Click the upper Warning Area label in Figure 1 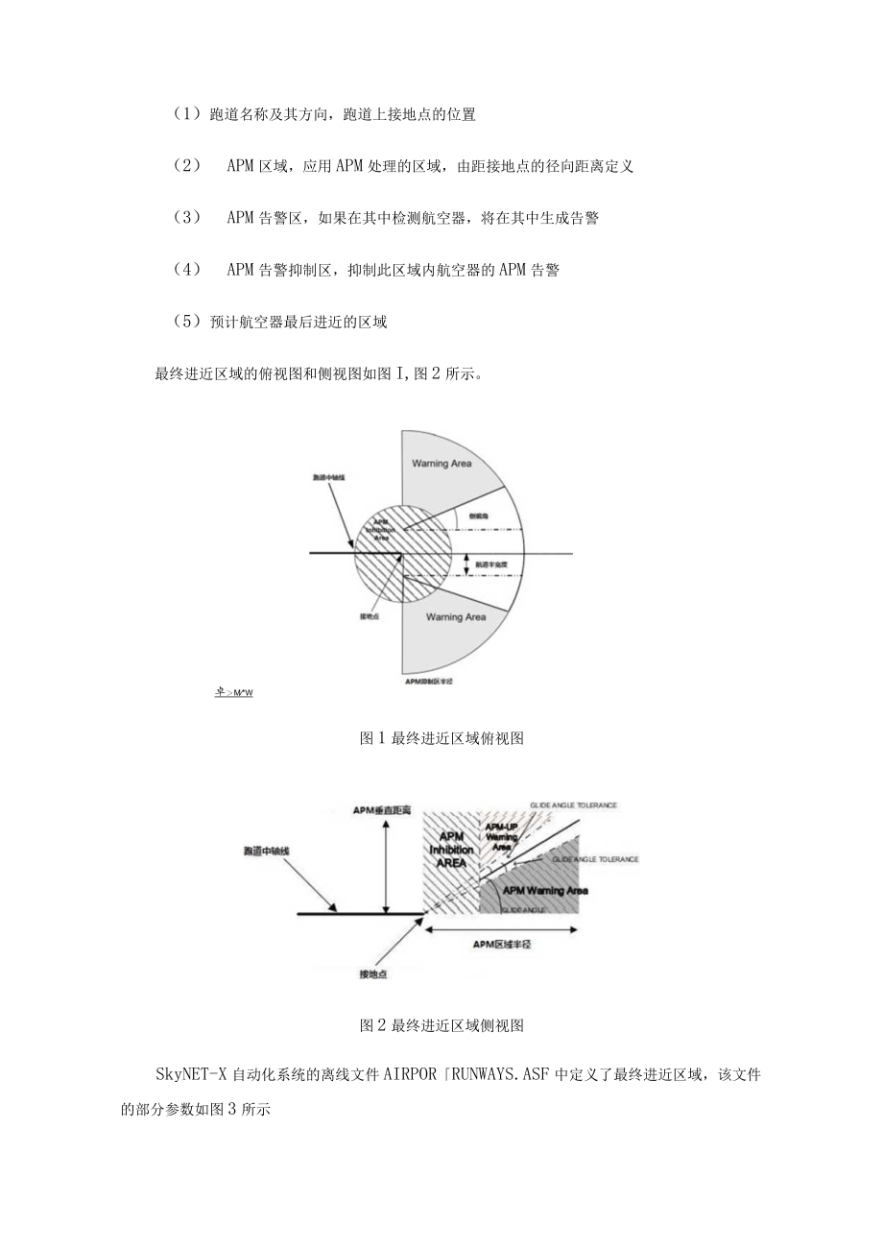pyautogui.click(x=441, y=464)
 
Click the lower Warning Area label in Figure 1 pyautogui.click(x=455, y=617)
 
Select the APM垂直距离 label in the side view pyautogui.click(x=381, y=811)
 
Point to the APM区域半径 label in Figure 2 pyautogui.click(x=502, y=945)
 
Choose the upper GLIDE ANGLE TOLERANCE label pyautogui.click(x=573, y=805)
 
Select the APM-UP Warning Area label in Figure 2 pyautogui.click(x=501, y=836)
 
